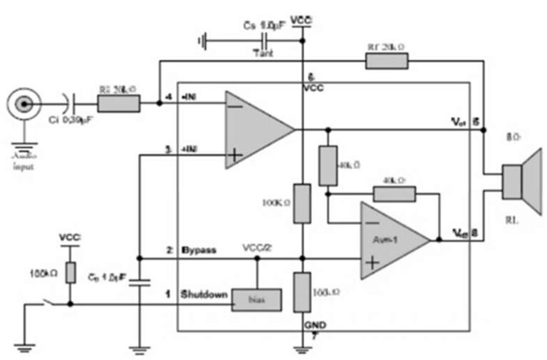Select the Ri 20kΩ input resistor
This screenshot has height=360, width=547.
[118, 105]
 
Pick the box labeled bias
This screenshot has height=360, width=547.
[257, 301]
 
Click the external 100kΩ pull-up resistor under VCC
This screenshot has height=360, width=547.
[71, 273]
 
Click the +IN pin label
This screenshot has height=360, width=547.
[190, 150]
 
